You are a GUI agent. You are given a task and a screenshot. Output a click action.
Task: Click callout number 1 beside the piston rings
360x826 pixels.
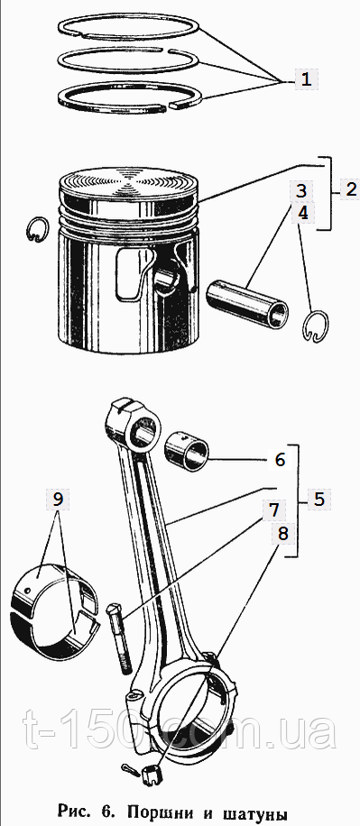pyautogui.click(x=306, y=80)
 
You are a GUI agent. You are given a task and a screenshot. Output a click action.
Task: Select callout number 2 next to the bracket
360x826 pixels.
pyautogui.click(x=352, y=189)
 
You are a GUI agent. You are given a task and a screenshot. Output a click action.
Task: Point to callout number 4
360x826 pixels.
pyautogui.click(x=301, y=213)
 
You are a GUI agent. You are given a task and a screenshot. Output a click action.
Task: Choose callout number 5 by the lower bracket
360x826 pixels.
pyautogui.click(x=319, y=499)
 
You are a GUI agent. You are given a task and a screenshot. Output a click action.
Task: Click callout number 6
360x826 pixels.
pyautogui.click(x=280, y=459)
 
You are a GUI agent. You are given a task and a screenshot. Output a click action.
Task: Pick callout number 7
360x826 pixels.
pyautogui.click(x=274, y=509)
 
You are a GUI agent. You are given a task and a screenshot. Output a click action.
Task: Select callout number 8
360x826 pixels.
pyautogui.click(x=283, y=534)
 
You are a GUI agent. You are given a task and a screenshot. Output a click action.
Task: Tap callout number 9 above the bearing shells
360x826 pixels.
pyautogui.click(x=58, y=499)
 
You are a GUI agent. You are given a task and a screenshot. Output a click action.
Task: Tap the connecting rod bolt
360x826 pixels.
pyautogui.click(x=118, y=638)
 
